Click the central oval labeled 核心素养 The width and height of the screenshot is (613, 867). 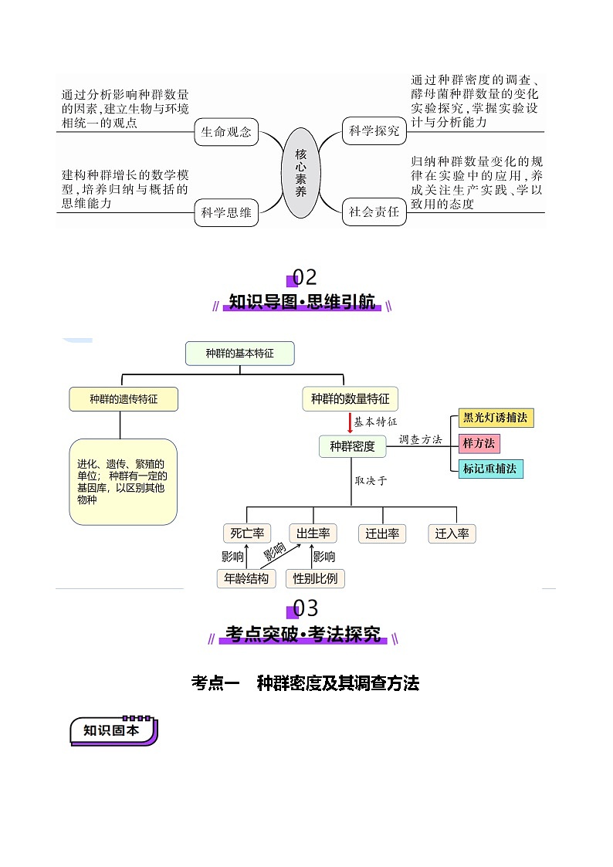[301, 173]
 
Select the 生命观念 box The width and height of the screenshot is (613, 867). [226, 132]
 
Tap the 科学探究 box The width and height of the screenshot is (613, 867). [374, 131]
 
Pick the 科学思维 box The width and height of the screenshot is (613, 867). [226, 213]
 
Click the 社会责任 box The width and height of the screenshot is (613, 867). [374, 212]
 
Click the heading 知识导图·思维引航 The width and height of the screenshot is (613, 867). [303, 302]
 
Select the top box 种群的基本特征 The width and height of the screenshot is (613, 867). [239, 354]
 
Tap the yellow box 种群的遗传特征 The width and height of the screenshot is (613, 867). [124, 399]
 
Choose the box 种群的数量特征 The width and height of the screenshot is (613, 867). [351, 399]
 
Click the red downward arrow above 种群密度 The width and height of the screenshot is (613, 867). [350, 423]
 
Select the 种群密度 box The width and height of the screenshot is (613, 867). [352, 446]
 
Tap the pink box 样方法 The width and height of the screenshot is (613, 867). [479, 443]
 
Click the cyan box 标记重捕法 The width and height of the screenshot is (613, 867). [489, 468]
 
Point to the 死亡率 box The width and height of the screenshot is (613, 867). [247, 533]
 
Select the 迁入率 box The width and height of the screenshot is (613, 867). [452, 533]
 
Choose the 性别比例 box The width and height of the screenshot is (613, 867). [315, 578]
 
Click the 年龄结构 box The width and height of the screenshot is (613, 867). [246, 578]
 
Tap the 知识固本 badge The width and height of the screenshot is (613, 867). [113, 730]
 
